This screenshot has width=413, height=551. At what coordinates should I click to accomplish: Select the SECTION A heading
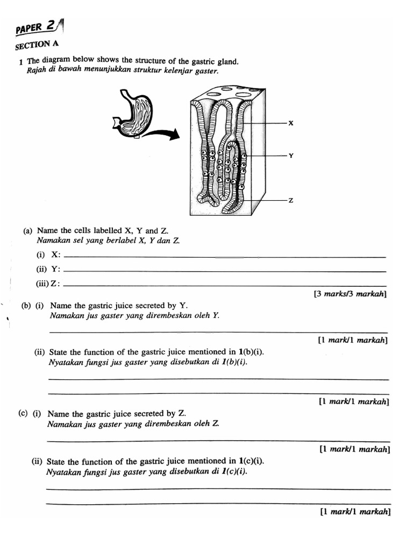pos(37,45)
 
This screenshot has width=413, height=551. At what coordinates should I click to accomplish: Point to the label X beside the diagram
pos(291,123)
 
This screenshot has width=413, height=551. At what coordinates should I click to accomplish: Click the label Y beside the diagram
pos(291,156)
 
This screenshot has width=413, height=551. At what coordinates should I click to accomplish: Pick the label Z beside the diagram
pos(291,200)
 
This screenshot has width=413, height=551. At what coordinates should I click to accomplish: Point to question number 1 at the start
pos(20,63)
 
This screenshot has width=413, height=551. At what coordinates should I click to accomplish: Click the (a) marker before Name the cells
pos(27,231)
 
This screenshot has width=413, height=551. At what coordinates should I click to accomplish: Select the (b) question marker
pos(25,306)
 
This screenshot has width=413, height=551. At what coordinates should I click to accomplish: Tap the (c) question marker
pos(23,414)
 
